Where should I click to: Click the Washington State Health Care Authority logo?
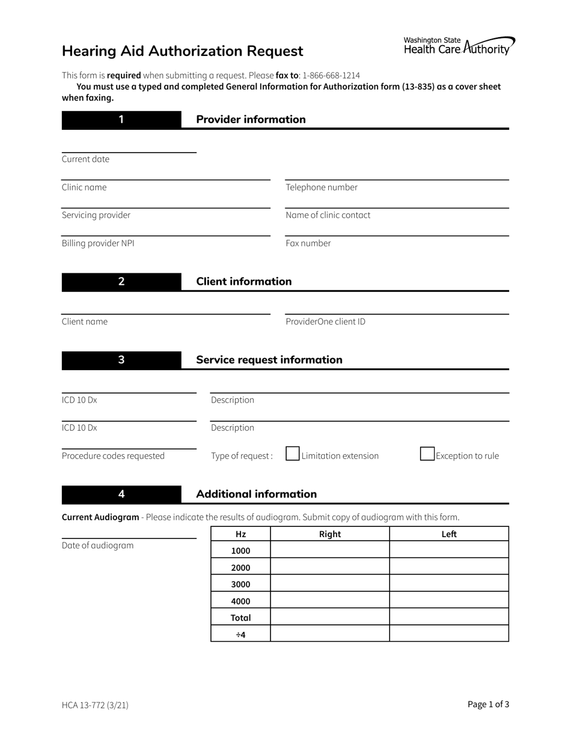coord(459,46)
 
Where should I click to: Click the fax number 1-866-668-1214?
coord(331,76)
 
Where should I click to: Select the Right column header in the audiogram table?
coord(329,534)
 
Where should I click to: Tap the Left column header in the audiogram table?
coord(449,534)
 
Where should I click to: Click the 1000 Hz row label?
coord(240,550)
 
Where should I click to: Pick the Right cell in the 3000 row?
coord(329,584)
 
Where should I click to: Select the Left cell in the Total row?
coord(449,617)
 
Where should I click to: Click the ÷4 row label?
coord(240,634)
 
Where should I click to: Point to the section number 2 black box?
coord(121,282)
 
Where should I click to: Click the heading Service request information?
coord(269,360)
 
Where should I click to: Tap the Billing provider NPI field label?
coord(98,243)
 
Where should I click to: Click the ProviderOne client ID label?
coord(325,321)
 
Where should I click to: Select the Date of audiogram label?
coord(97,546)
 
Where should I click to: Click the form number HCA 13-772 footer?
coord(95,705)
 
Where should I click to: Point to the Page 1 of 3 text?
coord(488,705)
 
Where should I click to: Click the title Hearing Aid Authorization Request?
coord(183,51)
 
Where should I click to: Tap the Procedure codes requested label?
coord(113,456)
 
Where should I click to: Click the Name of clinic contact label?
coord(328,215)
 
